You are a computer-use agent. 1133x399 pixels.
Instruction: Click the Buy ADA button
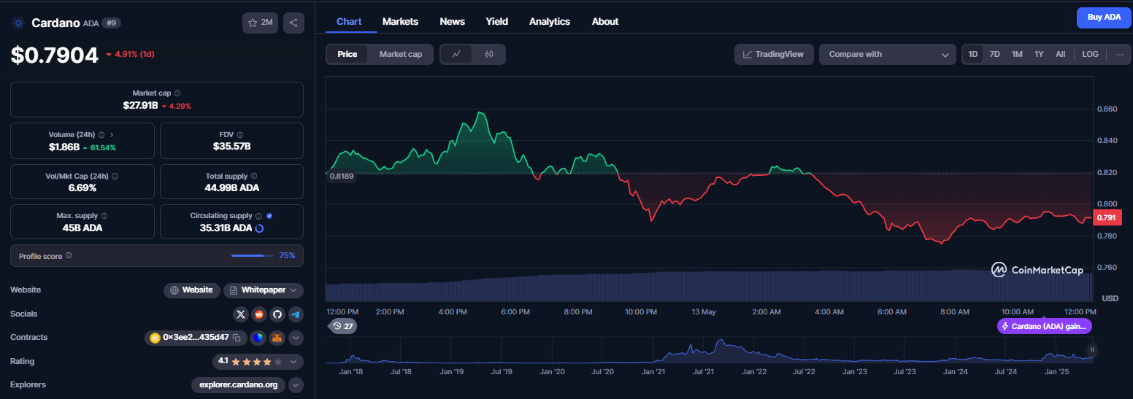1104,18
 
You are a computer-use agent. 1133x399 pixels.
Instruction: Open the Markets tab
400,22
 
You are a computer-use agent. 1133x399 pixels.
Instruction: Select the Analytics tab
549,22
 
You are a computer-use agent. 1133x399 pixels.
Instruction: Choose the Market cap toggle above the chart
401,54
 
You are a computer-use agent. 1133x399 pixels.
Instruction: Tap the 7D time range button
994,54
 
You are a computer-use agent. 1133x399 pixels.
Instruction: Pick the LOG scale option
1090,54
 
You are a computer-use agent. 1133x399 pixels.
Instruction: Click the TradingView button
773,54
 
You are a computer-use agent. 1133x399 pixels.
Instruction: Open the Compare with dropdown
887,54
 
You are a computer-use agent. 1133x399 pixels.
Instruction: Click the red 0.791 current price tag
1107,218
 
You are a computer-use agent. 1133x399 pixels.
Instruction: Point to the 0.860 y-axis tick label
1107,109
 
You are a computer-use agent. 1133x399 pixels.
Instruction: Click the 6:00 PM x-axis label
515,311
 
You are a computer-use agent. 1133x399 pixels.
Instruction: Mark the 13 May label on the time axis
704,311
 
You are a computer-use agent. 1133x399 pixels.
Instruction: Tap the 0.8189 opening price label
342,176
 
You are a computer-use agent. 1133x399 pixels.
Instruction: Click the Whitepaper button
264,290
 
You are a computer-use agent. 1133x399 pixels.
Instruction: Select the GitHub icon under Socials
277,314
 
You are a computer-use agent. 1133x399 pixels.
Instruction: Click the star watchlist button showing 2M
260,23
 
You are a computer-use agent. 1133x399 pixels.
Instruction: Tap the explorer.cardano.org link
238,385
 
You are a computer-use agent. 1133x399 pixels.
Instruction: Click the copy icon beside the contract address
237,338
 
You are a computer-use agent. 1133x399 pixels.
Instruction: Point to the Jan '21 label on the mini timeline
653,372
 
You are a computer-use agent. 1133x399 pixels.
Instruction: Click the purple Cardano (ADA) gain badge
1045,326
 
